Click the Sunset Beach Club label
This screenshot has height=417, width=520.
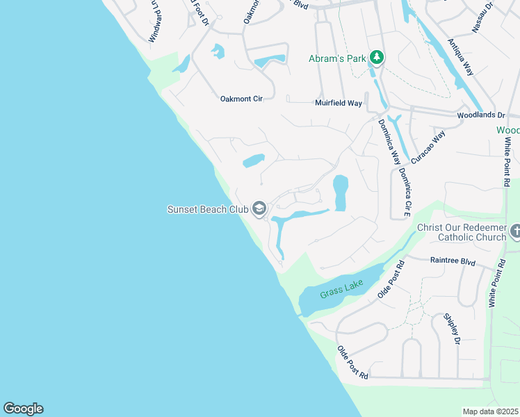pyautogui.click(x=207, y=208)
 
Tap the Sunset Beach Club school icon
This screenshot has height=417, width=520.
pyautogui.click(x=259, y=208)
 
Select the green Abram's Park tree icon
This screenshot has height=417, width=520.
pyautogui.click(x=377, y=56)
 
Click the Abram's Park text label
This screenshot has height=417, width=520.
pyautogui.click(x=337, y=59)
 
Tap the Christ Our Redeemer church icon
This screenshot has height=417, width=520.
pyautogui.click(x=516, y=231)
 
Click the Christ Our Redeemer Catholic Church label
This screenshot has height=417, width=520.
pyautogui.click(x=462, y=232)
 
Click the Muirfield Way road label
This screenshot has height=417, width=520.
pyautogui.click(x=338, y=103)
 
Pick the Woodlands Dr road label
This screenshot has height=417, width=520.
pyautogui.click(x=480, y=114)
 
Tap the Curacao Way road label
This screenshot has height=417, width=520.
pyautogui.click(x=427, y=146)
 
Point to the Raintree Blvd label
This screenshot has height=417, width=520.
pyautogui.click(x=453, y=262)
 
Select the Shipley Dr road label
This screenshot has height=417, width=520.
pyautogui.click(x=452, y=329)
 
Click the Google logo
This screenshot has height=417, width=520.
pyautogui.click(x=23, y=409)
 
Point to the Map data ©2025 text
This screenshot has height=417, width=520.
pyautogui.click(x=490, y=411)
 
